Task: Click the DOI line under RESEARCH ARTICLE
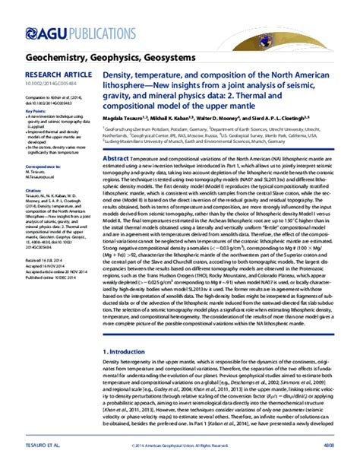[46, 84]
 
